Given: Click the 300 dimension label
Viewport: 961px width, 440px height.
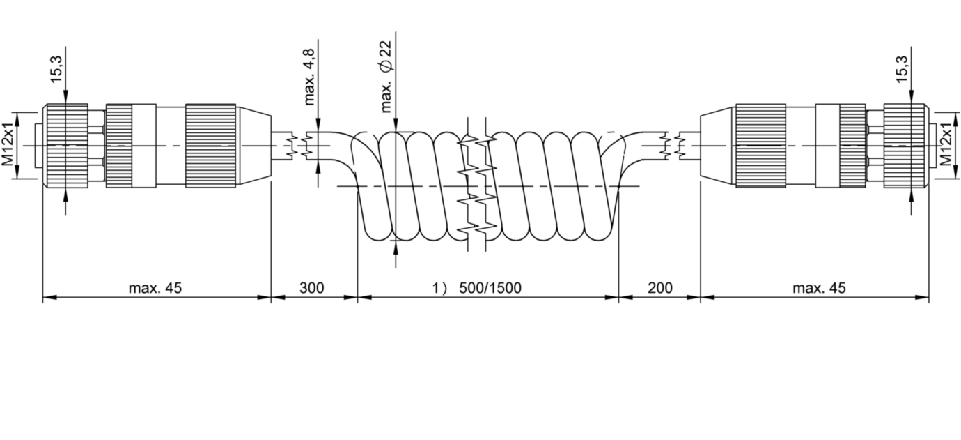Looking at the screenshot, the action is pos(311,287).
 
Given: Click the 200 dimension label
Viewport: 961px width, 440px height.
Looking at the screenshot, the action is pos(660,287).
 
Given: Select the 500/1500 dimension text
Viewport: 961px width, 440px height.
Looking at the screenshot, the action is pos(490,287).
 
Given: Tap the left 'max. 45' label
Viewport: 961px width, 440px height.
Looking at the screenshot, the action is pos(155,287).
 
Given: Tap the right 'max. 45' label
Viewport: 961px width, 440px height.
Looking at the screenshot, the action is pos(820,287).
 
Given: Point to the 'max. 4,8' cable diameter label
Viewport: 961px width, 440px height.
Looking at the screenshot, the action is pos(309,77).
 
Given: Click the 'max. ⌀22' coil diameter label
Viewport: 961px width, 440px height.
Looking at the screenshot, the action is pos(386,77).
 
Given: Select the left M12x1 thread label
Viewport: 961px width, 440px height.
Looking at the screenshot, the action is pos(8,144).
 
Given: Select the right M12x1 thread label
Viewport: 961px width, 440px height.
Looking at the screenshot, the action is pos(946,144).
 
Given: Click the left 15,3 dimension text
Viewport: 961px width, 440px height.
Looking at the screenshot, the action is pos(56,70).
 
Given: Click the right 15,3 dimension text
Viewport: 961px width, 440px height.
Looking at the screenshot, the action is pos(902,70).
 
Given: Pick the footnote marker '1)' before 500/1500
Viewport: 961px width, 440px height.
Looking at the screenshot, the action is pos(439,287).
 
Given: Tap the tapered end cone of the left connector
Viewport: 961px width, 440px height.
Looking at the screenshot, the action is pos(254,145).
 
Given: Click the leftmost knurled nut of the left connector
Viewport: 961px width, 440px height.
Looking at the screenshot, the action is pos(65,145).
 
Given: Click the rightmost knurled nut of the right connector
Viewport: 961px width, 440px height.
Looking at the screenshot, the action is pos(905,145).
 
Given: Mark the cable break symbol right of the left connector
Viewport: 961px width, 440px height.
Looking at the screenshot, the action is pos(300,146).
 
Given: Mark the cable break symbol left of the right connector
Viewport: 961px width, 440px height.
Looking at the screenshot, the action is pos(671,146).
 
